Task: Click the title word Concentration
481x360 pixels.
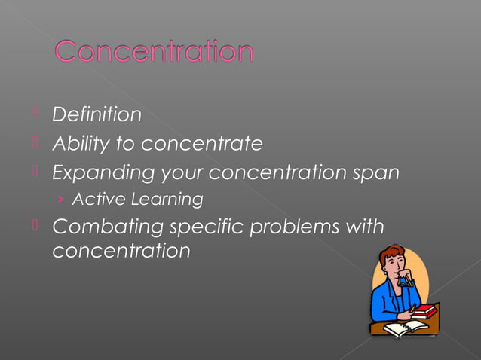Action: (x=154, y=52)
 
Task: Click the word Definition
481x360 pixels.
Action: (x=97, y=114)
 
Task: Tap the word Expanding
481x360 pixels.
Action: (x=103, y=172)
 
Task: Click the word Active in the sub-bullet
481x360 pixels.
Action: (x=98, y=200)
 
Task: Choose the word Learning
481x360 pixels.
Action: (x=167, y=200)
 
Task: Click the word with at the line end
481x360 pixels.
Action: (x=366, y=226)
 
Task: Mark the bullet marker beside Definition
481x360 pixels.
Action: (x=35, y=114)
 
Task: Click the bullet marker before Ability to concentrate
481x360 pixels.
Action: (x=35, y=142)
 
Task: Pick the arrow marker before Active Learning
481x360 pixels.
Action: (x=60, y=200)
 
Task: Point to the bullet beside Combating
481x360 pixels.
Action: (x=35, y=226)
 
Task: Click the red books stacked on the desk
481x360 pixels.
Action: (x=424, y=310)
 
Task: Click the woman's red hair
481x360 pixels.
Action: (x=393, y=255)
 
